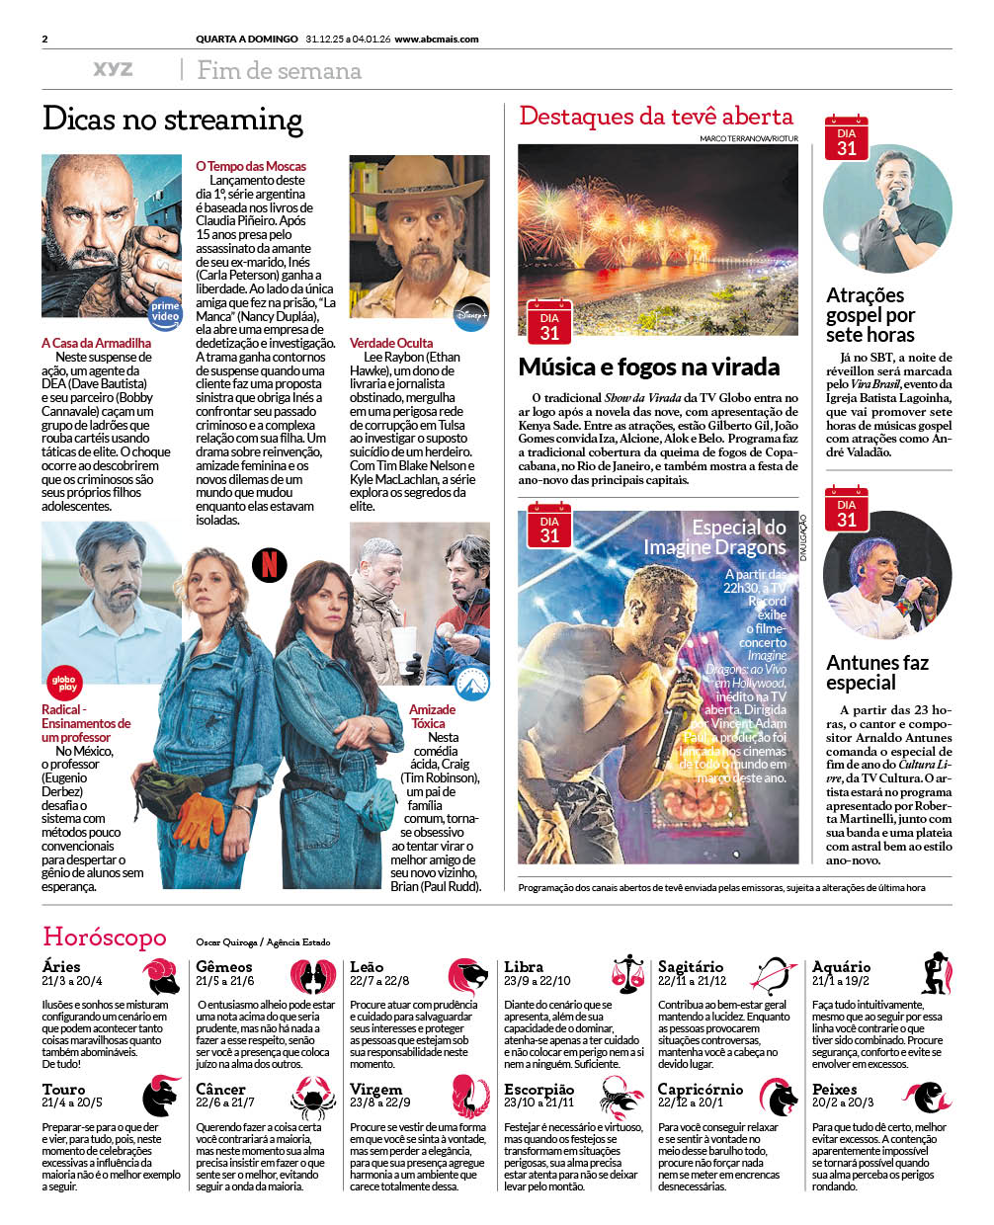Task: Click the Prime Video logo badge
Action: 165,311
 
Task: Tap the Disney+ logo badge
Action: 471,314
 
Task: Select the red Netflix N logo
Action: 270,564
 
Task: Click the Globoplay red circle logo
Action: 64,683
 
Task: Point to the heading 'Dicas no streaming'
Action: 173,120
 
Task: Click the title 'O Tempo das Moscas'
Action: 251,166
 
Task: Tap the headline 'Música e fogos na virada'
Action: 649,367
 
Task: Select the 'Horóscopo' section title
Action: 105,937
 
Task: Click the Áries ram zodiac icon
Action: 160,976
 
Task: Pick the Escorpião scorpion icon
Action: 621,1098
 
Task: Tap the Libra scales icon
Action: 626,974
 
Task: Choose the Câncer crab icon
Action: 313,1097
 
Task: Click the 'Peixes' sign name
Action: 835,1089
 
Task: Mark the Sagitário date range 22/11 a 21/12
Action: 692,981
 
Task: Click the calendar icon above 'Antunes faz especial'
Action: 846,507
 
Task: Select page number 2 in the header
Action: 45,40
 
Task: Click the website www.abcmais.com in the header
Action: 437,40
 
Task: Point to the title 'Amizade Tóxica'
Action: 432,716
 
